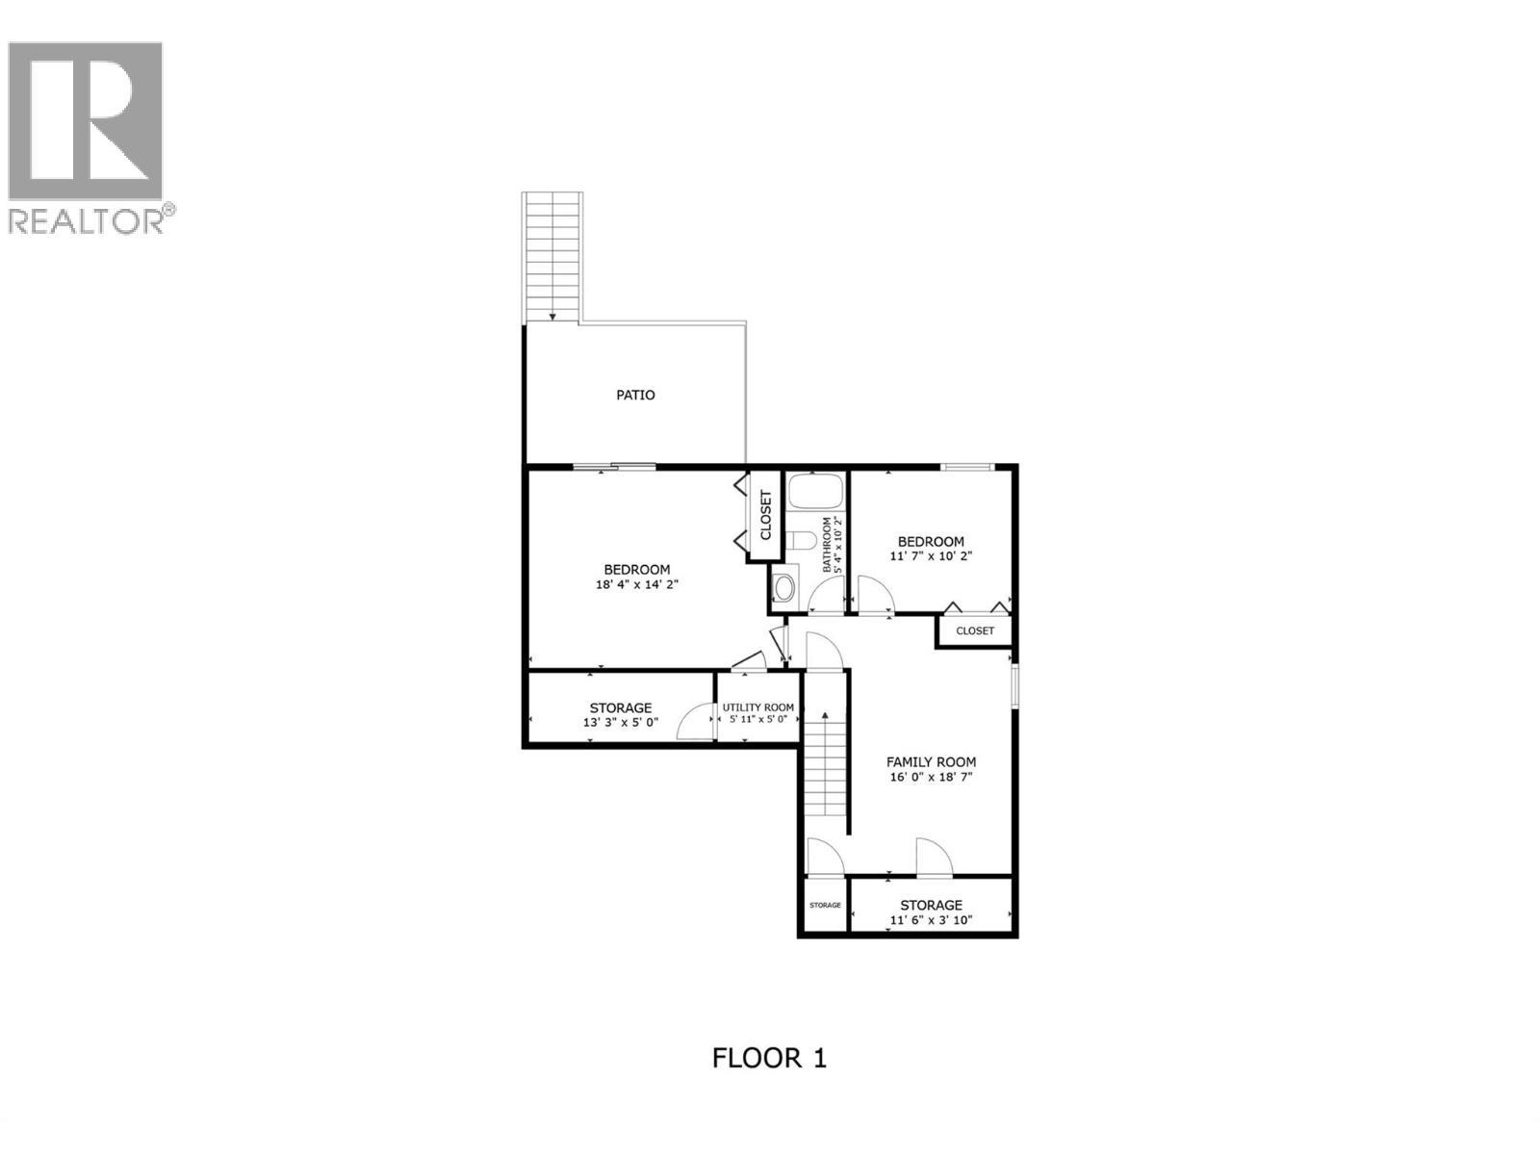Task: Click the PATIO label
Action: pos(635,395)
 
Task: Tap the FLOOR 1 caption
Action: pos(769,1058)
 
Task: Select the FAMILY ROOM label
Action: pos(931,761)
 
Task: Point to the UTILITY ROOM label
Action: pos(758,707)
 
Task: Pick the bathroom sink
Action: pos(785,586)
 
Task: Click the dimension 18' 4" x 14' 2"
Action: pos(636,584)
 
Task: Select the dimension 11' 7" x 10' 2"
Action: pos(931,555)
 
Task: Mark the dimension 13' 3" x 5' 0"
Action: pos(621,722)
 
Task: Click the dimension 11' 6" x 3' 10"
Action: pos(931,920)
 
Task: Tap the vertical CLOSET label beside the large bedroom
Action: pos(766,514)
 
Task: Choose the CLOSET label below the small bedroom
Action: pos(975,631)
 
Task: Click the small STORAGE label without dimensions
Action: pos(825,906)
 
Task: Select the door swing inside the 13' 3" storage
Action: pos(695,723)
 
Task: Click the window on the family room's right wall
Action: pos(1014,685)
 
